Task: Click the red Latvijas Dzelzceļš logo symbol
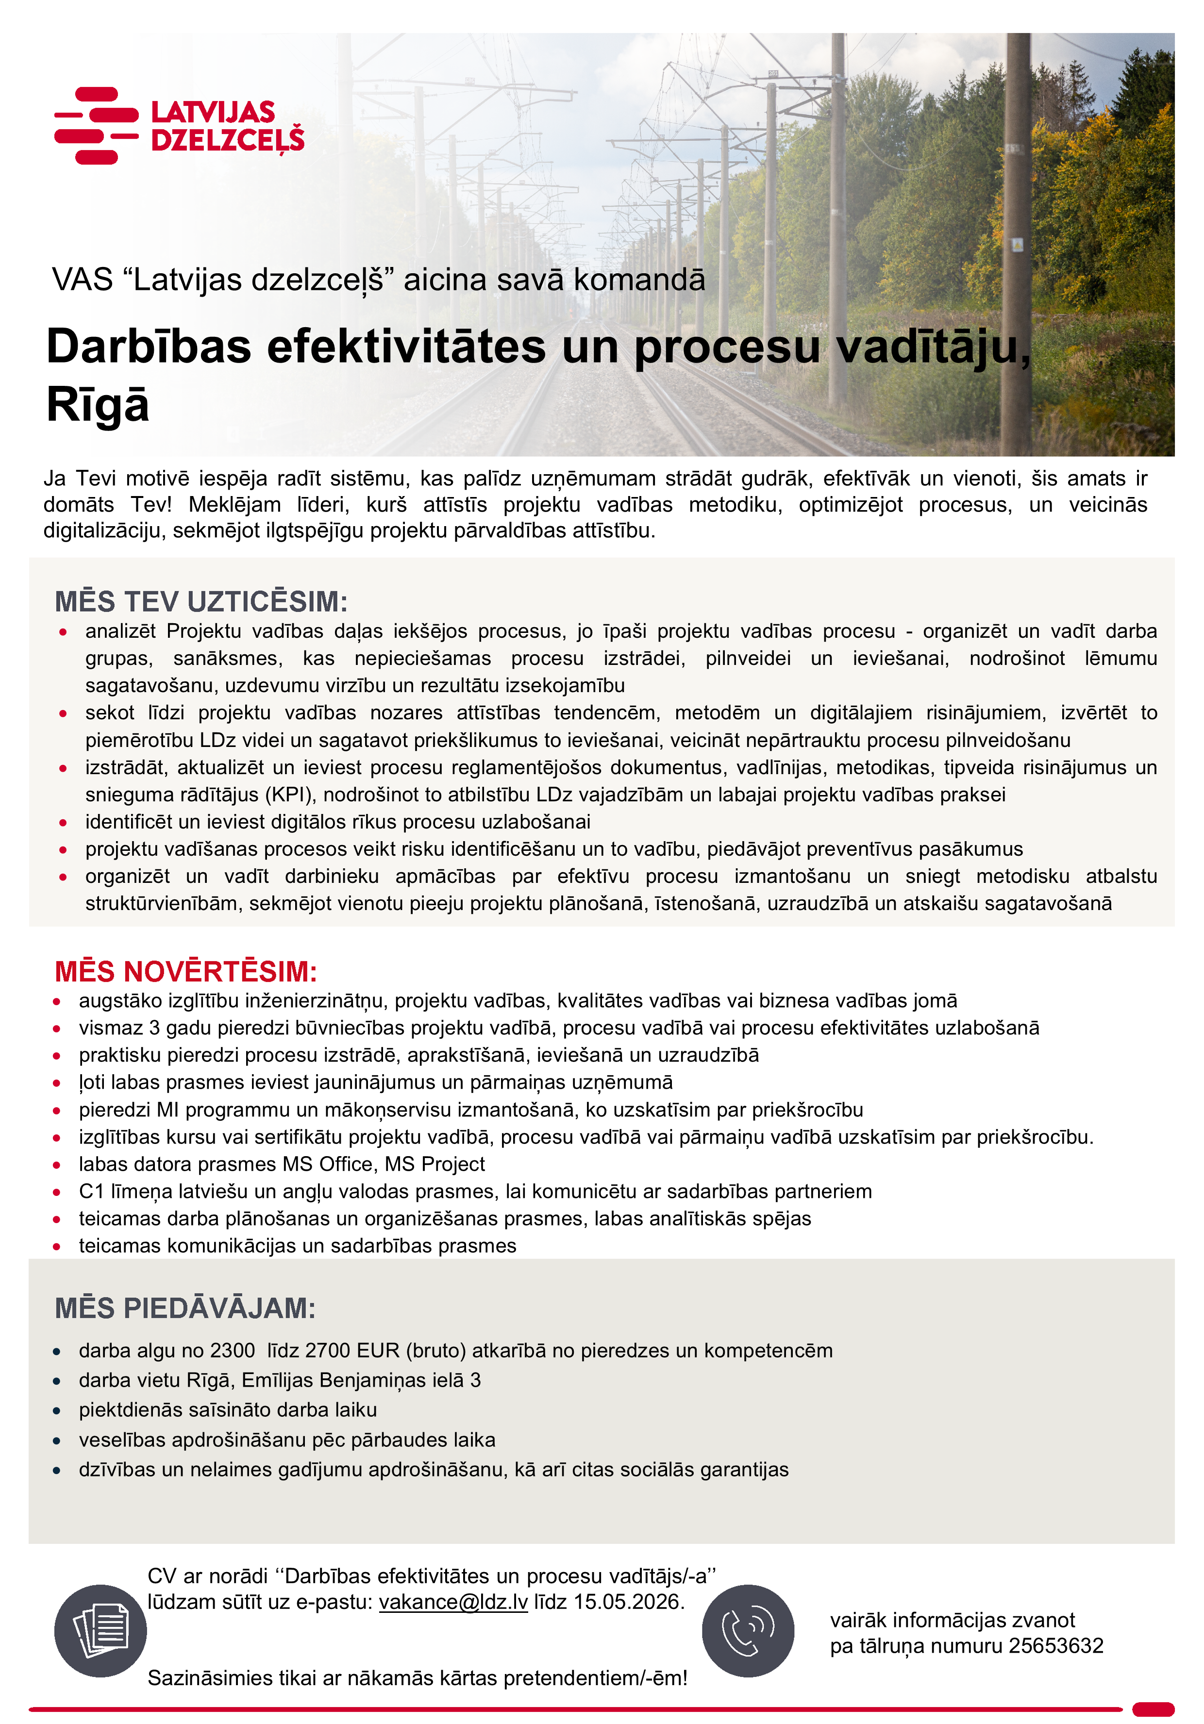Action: tap(96, 125)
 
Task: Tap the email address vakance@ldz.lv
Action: tap(453, 1602)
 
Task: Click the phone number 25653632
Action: tap(1055, 1646)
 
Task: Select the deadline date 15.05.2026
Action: tap(627, 1602)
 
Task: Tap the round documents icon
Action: tap(100, 1631)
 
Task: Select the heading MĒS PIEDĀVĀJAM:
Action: tap(185, 1308)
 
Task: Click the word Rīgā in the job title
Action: tap(98, 405)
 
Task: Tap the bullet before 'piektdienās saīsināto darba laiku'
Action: tap(56, 1410)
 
